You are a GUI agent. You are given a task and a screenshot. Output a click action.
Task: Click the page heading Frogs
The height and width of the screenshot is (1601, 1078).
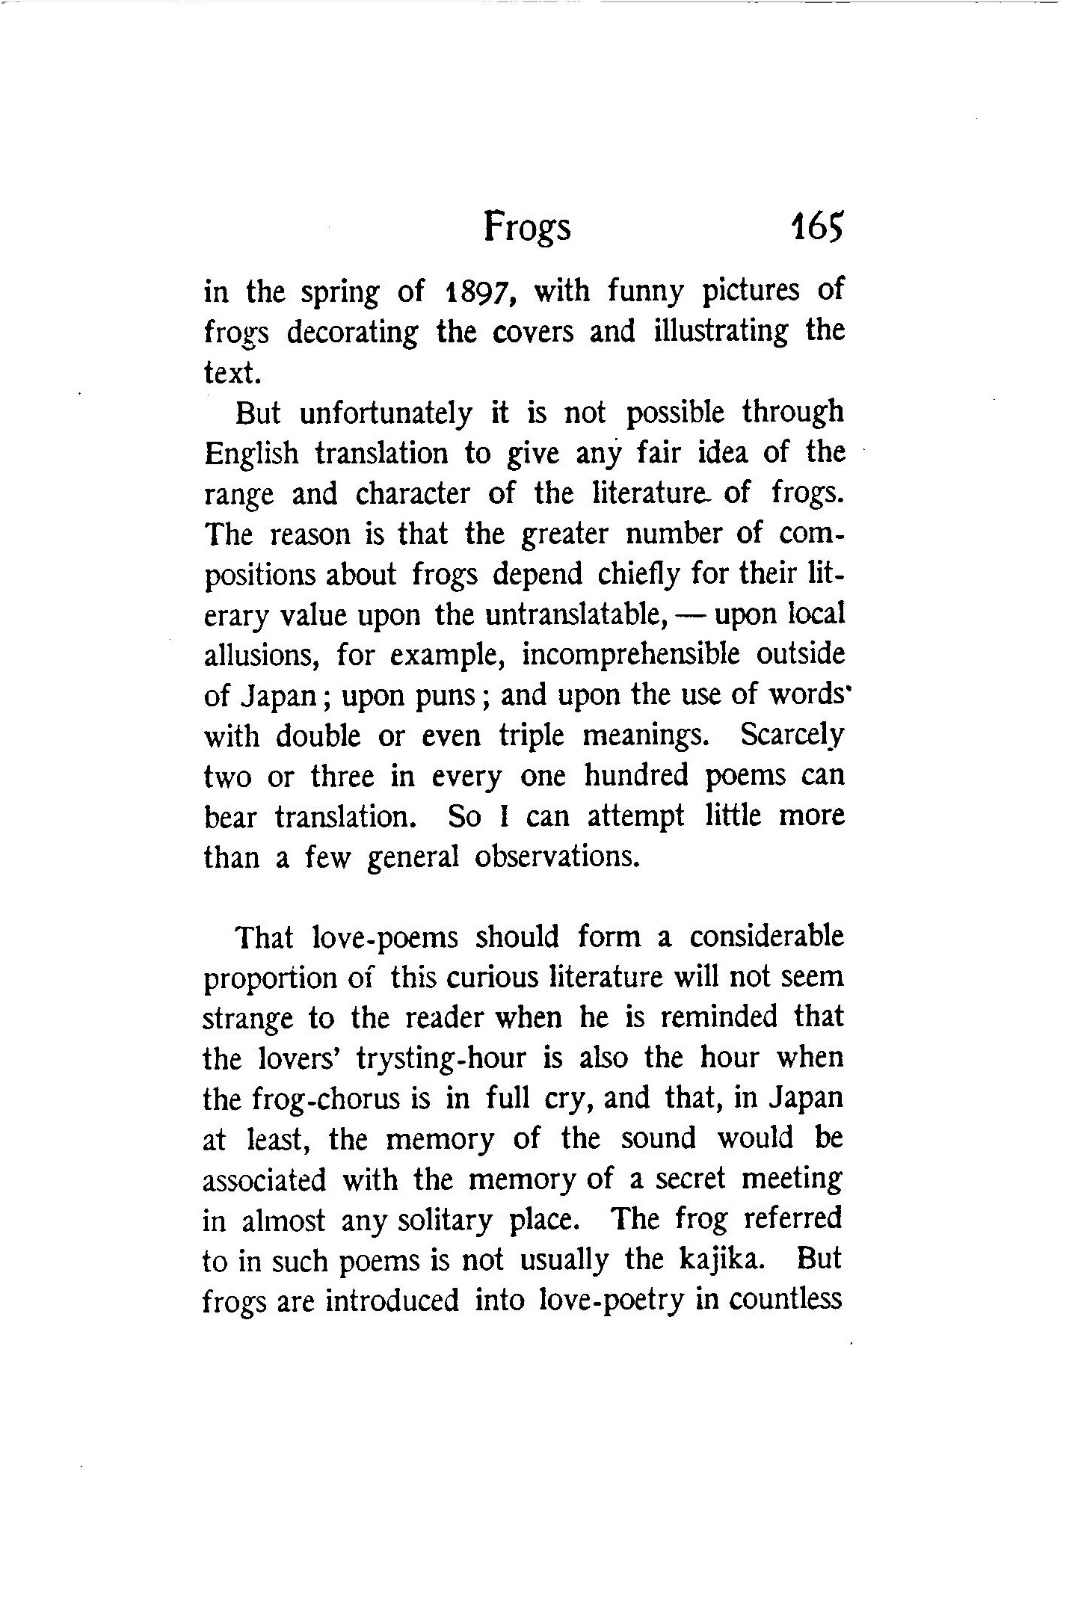tap(526, 226)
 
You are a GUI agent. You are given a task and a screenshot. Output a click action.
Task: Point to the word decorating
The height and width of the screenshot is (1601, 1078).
tap(352, 332)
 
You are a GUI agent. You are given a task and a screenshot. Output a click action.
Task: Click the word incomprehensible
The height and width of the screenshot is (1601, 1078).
tap(630, 655)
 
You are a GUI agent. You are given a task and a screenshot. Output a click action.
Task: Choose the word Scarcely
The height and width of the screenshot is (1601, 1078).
tap(792, 736)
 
